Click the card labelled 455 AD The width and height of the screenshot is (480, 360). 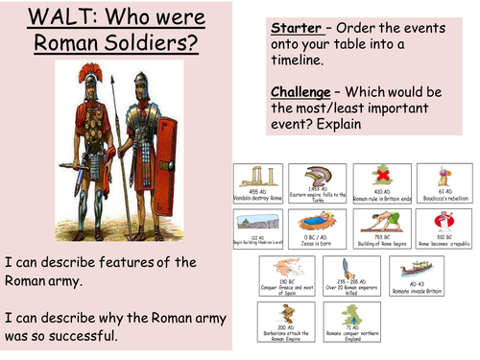[261, 184]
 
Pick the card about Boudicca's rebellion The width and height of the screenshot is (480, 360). [444, 184]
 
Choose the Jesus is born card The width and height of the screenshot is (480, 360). [322, 230]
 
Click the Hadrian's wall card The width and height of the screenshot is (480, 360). [261, 230]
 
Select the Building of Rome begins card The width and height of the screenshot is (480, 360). [384, 230]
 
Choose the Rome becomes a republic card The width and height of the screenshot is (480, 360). [444, 230]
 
